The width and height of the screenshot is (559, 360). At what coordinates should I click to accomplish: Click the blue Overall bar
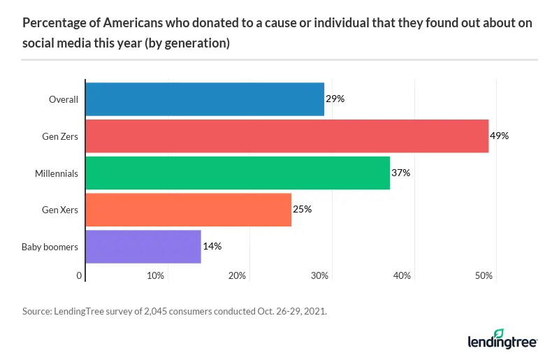tap(205, 99)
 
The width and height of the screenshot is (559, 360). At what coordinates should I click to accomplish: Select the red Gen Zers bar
tap(286, 136)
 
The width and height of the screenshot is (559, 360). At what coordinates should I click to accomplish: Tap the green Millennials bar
tap(238, 173)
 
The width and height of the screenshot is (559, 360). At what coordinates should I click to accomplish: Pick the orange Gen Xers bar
tap(189, 210)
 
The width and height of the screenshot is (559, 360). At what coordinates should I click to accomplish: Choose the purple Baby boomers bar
tap(143, 247)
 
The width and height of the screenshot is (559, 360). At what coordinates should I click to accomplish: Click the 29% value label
tap(335, 99)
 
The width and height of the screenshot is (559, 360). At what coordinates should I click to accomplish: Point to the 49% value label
tap(500, 136)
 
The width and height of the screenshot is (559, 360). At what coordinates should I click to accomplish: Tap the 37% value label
tap(400, 173)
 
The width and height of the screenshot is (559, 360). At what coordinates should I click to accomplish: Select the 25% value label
tap(302, 210)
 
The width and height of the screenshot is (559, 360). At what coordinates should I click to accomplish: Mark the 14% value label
tap(212, 247)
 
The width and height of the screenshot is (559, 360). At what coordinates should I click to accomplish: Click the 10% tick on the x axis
tap(155, 276)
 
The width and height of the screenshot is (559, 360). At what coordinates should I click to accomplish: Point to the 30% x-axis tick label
tap(319, 276)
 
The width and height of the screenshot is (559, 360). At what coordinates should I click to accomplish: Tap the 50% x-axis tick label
tap(484, 276)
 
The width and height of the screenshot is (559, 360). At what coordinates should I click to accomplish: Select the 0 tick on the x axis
tap(80, 276)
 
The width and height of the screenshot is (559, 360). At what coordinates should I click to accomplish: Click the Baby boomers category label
tap(50, 247)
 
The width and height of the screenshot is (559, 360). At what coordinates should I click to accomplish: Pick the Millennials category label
tap(57, 173)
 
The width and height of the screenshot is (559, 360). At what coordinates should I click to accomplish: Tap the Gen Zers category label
tap(59, 136)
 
